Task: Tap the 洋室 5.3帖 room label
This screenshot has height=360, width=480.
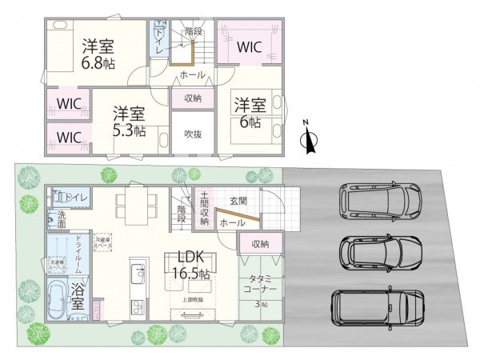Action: coord(128,120)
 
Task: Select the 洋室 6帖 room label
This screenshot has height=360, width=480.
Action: coord(248,112)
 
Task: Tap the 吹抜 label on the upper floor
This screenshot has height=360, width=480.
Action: coord(192,134)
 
